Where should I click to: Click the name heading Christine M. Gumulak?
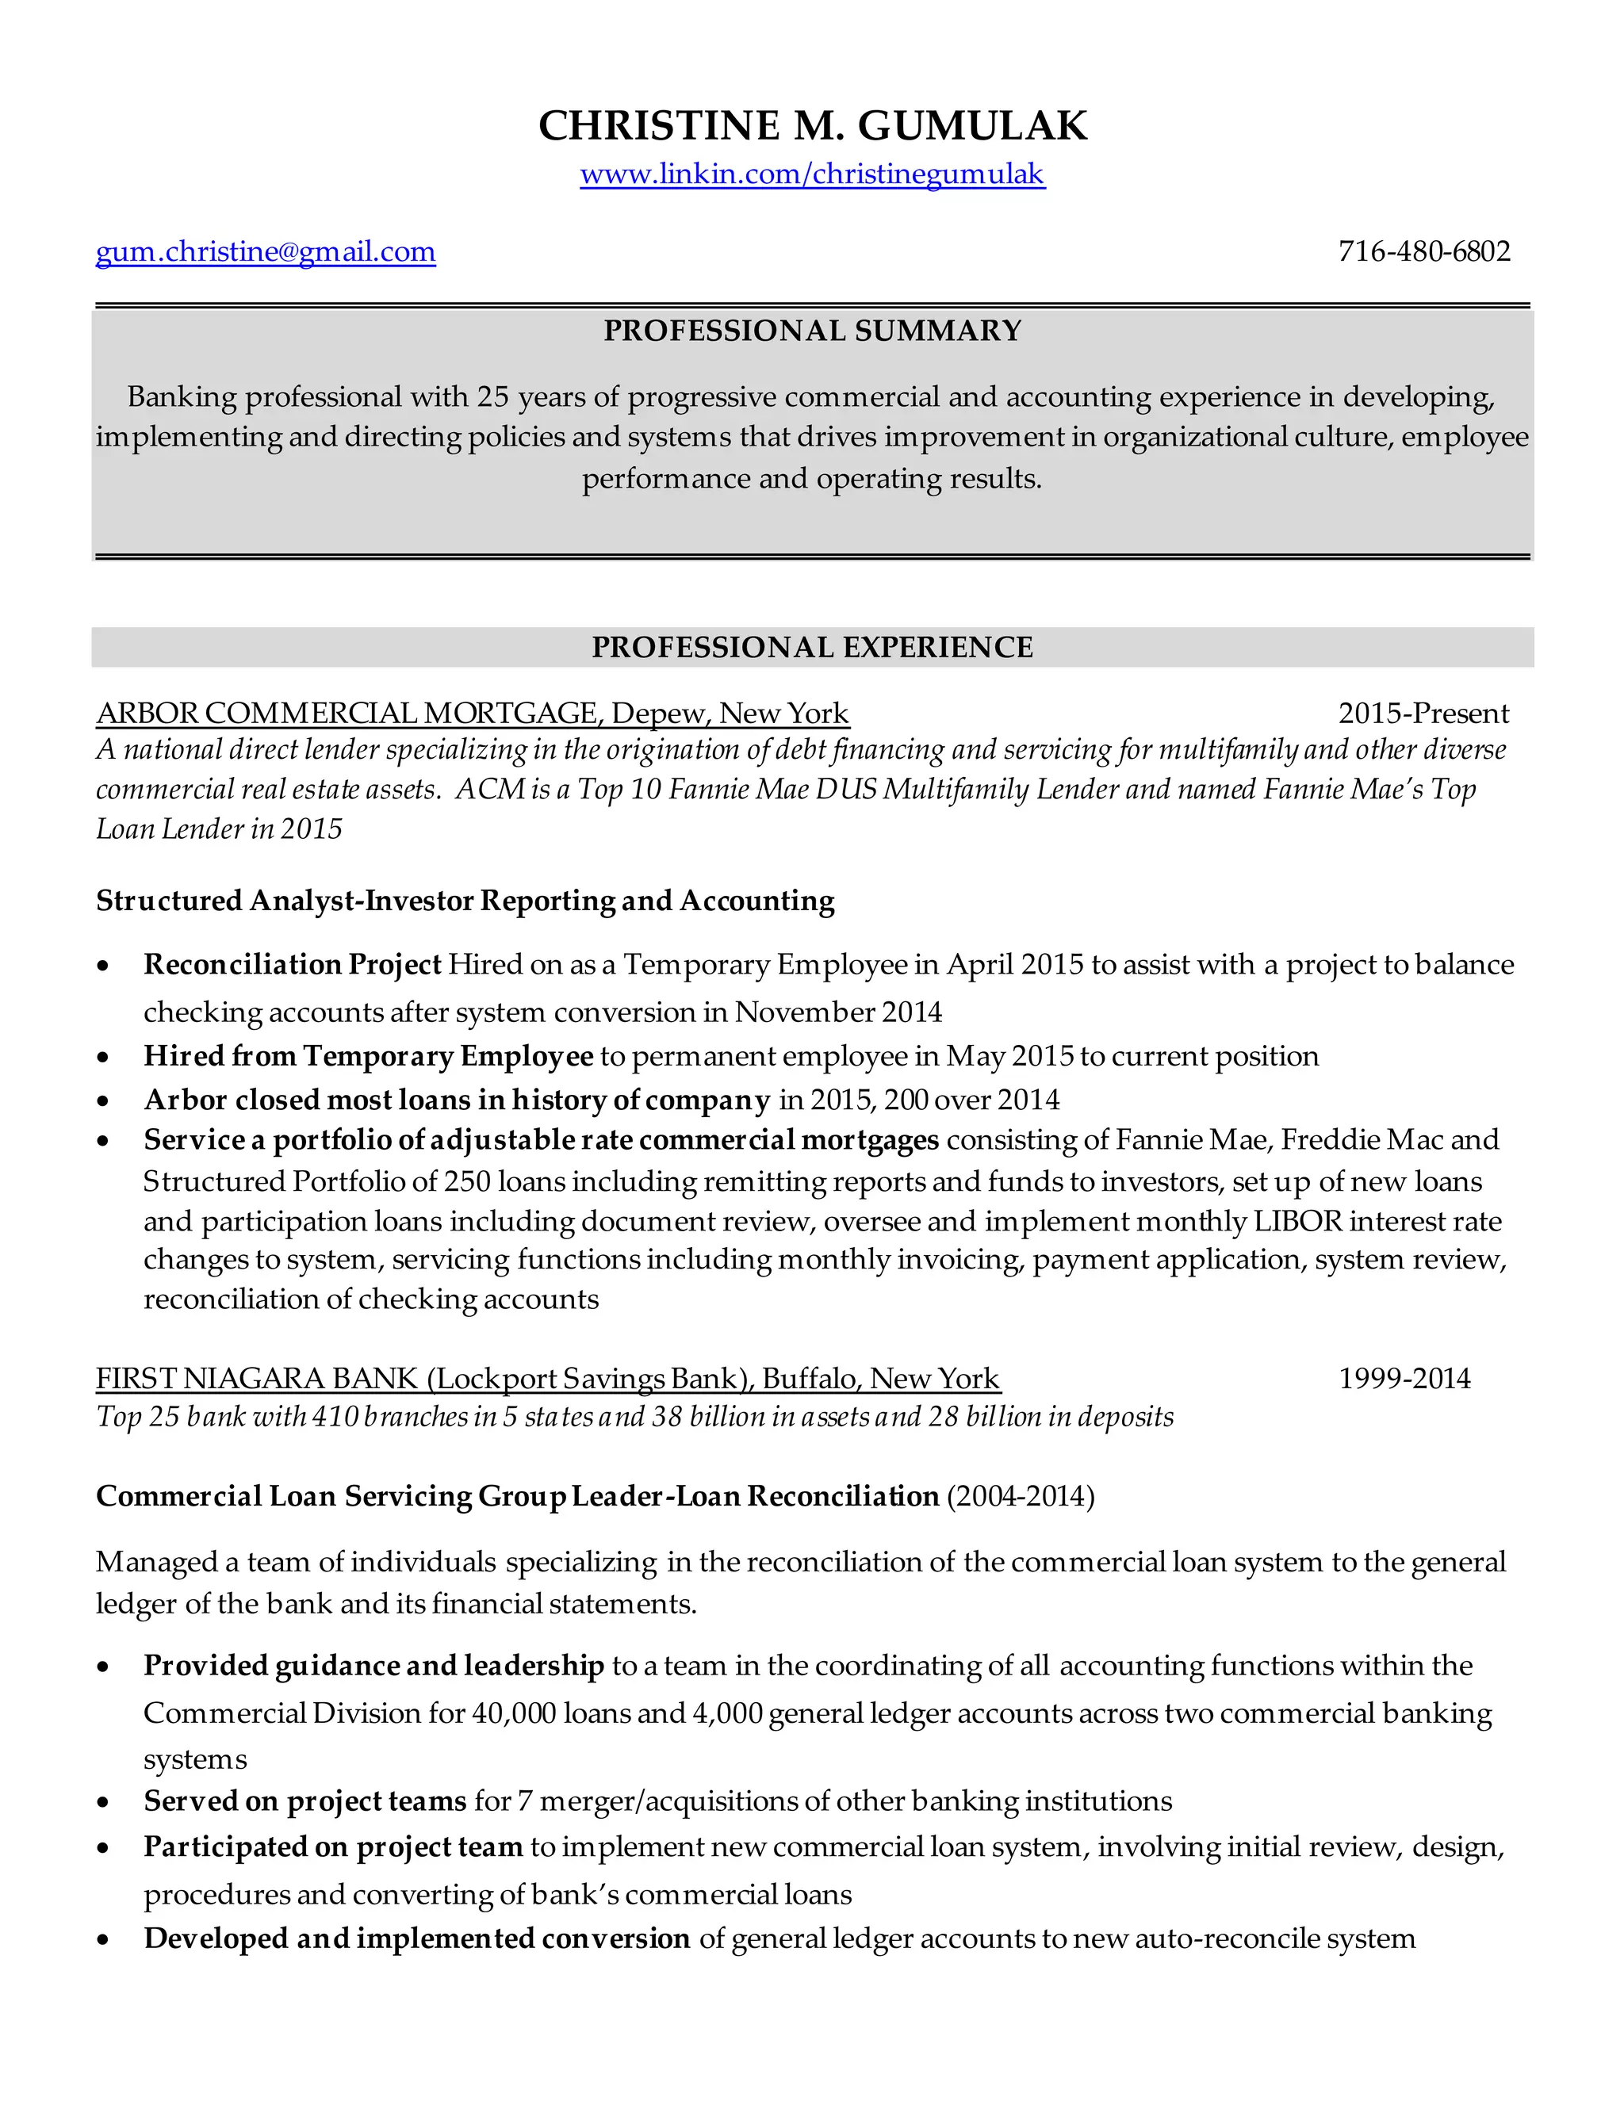point(812,126)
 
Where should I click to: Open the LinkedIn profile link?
point(812,174)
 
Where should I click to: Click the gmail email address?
point(266,252)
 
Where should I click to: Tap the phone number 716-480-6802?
point(1424,252)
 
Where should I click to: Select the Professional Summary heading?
point(812,331)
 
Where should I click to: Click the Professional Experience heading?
point(812,648)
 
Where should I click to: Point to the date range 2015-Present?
point(1423,714)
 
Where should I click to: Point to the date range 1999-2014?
point(1404,1380)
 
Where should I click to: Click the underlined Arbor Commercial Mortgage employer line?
point(473,714)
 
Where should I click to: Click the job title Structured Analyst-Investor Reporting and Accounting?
point(465,901)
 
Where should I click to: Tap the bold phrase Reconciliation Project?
point(293,965)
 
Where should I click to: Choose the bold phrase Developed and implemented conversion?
point(416,1938)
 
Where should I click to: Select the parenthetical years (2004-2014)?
point(1021,1497)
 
